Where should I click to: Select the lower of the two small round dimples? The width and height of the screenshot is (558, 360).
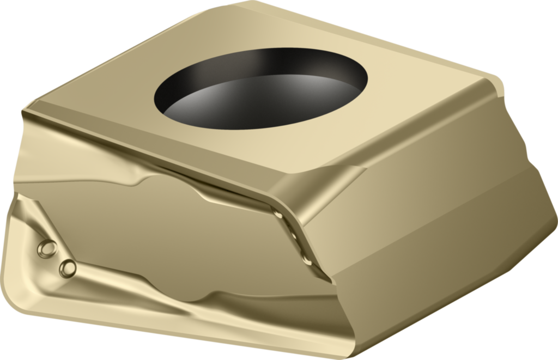[x=68, y=267]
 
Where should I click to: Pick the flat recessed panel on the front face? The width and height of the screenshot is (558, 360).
[x=163, y=229]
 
